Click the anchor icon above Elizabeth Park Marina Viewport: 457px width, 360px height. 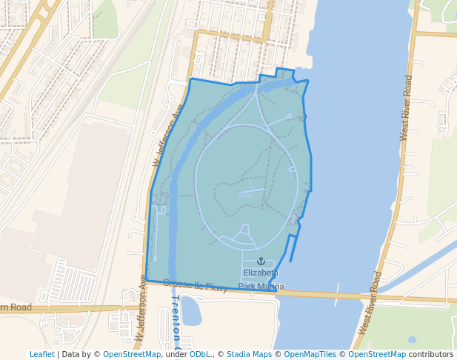260,261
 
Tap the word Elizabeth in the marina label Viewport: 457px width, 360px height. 261,273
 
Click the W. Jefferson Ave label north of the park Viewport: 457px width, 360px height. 167,135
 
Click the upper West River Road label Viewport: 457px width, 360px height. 405,107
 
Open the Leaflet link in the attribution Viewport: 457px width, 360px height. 41,355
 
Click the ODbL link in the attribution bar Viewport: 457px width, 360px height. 200,355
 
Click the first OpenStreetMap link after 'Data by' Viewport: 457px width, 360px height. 132,355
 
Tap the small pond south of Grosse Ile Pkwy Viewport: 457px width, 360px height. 190,311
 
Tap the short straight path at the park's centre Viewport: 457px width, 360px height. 252,192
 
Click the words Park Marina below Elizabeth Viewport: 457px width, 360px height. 261,287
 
